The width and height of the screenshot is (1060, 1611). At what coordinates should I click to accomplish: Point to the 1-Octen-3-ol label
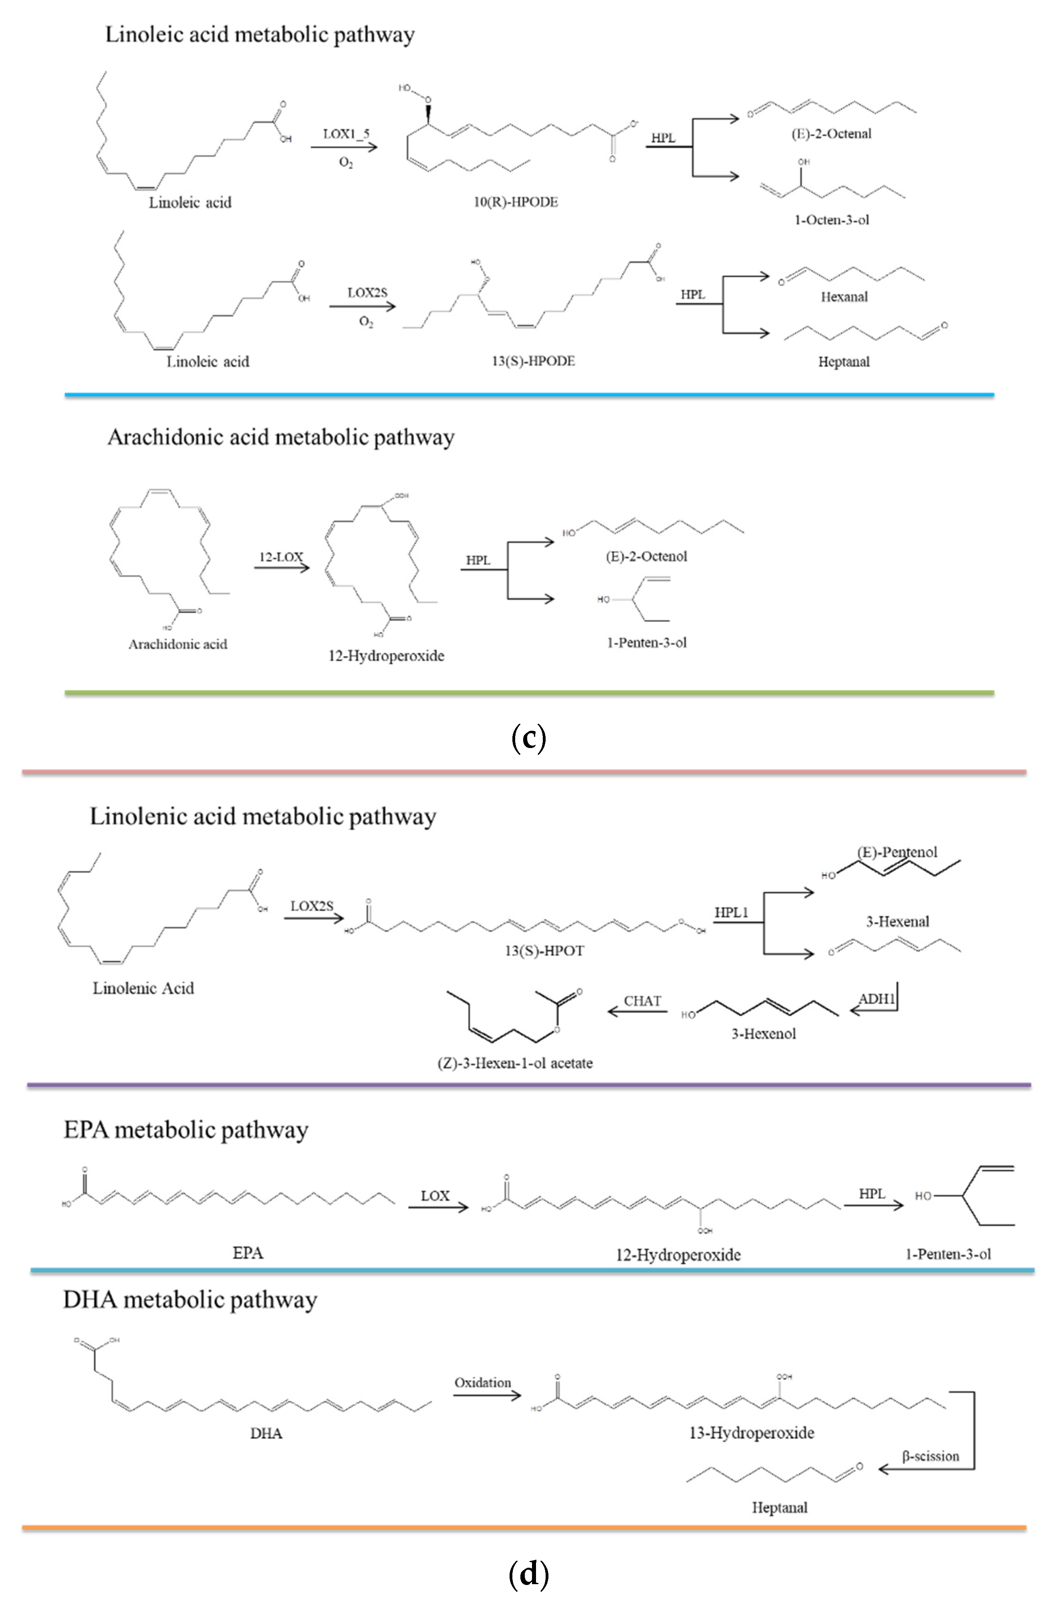[831, 220]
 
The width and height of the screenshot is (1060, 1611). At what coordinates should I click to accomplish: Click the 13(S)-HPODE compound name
[533, 361]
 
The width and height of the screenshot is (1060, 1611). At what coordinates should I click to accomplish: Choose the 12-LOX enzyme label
[281, 557]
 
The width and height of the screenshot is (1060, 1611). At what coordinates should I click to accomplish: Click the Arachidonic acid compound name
[178, 644]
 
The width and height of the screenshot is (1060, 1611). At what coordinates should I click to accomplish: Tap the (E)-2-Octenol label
[647, 556]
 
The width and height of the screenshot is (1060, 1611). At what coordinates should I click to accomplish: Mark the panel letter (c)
[529, 737]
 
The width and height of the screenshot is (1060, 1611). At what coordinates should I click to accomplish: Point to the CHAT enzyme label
[642, 1001]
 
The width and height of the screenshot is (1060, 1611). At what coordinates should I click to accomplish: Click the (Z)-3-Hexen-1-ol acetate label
[515, 1063]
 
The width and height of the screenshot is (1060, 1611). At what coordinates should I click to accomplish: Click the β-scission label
[930, 1456]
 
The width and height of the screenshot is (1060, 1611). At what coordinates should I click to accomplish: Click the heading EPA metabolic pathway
[186, 1130]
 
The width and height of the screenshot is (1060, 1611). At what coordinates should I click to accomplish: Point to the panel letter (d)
[529, 1575]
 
